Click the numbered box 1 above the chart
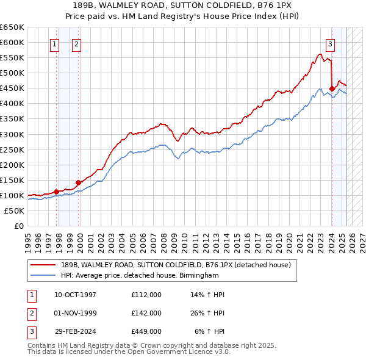click(55, 43)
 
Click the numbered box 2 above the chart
click(77, 43)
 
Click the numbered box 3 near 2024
click(330, 43)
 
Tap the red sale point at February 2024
click(332, 88)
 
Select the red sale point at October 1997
click(56, 192)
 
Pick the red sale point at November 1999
click(79, 182)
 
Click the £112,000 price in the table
click(146, 295)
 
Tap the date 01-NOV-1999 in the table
click(75, 313)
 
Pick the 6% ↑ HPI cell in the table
click(209, 332)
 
